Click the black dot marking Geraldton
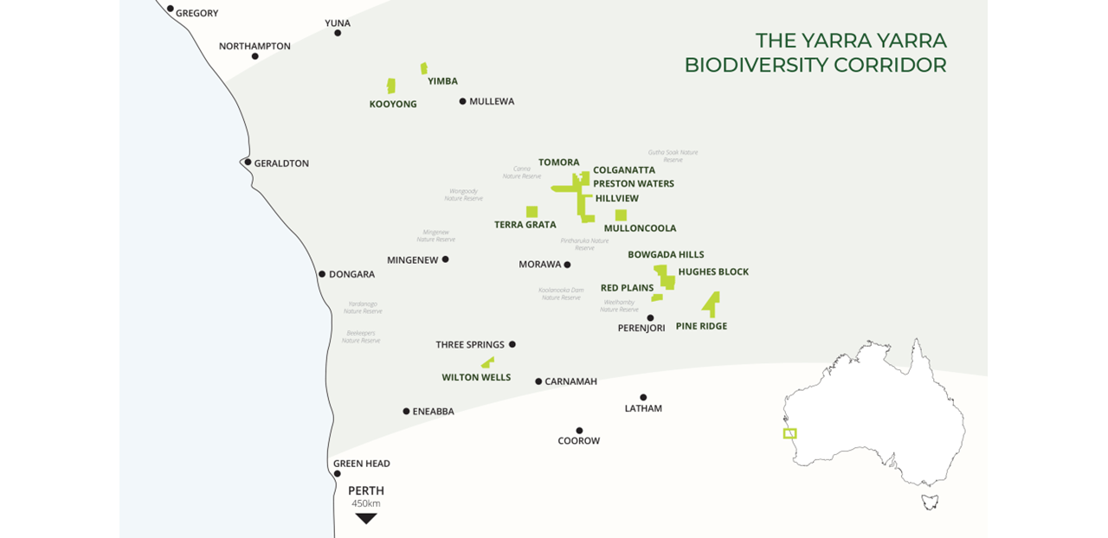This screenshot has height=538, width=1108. (248, 162)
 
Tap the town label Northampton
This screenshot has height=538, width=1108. (254, 46)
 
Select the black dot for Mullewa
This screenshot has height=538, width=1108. (463, 101)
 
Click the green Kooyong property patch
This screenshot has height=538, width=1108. (391, 86)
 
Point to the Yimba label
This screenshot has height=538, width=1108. (442, 81)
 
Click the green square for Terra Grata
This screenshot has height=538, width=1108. (531, 211)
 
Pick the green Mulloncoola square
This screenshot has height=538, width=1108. (621, 215)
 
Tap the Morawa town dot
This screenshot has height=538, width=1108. (568, 265)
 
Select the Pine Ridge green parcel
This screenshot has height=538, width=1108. (712, 303)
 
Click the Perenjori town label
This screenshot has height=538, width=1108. (641, 329)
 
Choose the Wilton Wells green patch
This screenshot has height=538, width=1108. (488, 362)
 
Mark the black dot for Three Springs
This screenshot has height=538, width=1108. (512, 344)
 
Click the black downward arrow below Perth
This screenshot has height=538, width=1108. (366, 518)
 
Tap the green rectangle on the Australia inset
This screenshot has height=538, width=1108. (789, 433)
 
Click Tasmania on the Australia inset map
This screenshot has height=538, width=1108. (930, 501)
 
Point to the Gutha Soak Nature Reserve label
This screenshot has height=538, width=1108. (673, 156)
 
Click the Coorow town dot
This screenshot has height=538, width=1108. (579, 430)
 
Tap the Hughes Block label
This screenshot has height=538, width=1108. (713, 272)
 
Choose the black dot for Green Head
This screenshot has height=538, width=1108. (338, 473)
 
